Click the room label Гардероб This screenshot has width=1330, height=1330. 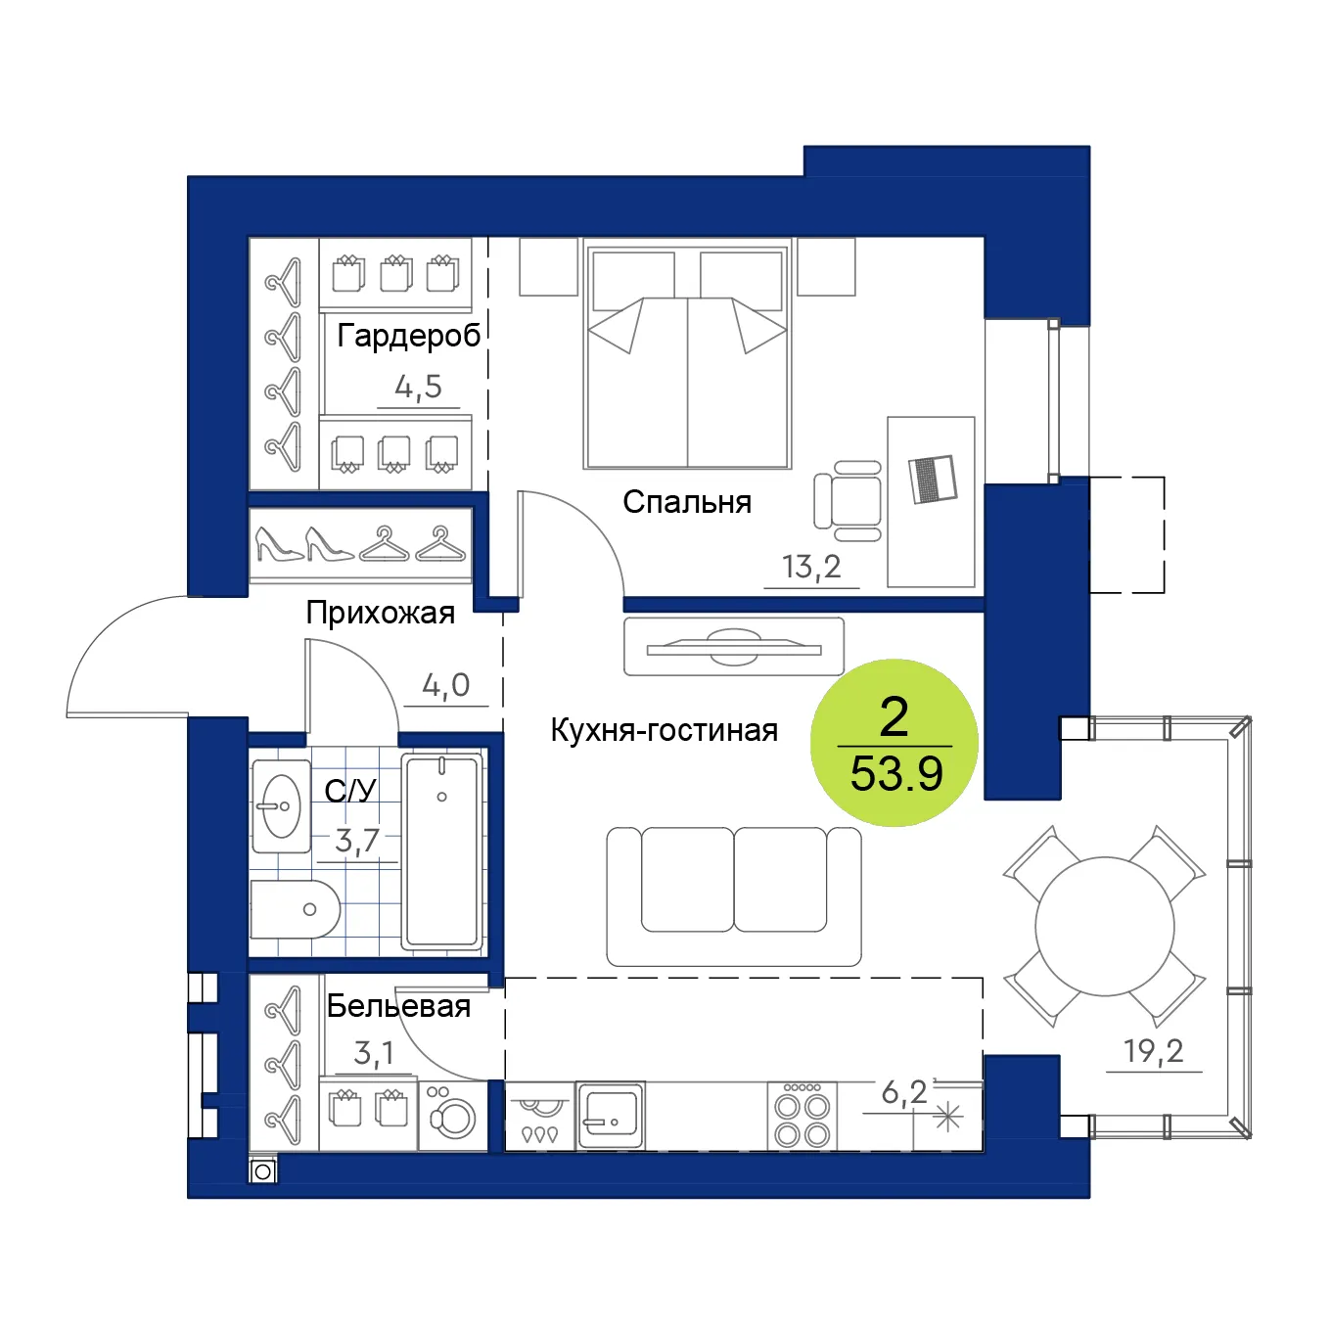pos(409,336)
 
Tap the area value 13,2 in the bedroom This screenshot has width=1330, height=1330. pos(811,567)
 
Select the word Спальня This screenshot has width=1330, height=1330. pos(687,502)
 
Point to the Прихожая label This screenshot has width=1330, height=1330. pos(381,613)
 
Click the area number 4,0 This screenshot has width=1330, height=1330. pos(446,685)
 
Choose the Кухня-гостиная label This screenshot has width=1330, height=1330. pos(664,730)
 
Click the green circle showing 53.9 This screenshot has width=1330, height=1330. pos(894,743)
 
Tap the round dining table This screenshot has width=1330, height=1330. pos(1104,926)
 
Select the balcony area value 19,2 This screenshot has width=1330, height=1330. pos(1153,1051)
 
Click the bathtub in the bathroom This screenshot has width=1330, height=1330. pos(441,851)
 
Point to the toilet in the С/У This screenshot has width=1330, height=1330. pos(296,909)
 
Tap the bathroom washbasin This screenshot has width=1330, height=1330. pos(281,806)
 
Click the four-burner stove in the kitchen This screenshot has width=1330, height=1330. pos(802,1116)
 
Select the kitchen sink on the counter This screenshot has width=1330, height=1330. pos(611,1116)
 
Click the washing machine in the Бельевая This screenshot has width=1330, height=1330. pos(452,1116)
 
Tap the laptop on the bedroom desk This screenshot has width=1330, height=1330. pos(933,479)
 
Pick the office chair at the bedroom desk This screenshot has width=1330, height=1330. pos(848,500)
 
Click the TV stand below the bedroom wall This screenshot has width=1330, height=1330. pos(734,646)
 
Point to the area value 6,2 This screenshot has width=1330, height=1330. pos(904,1092)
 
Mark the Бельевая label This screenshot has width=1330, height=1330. pos(398,1006)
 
